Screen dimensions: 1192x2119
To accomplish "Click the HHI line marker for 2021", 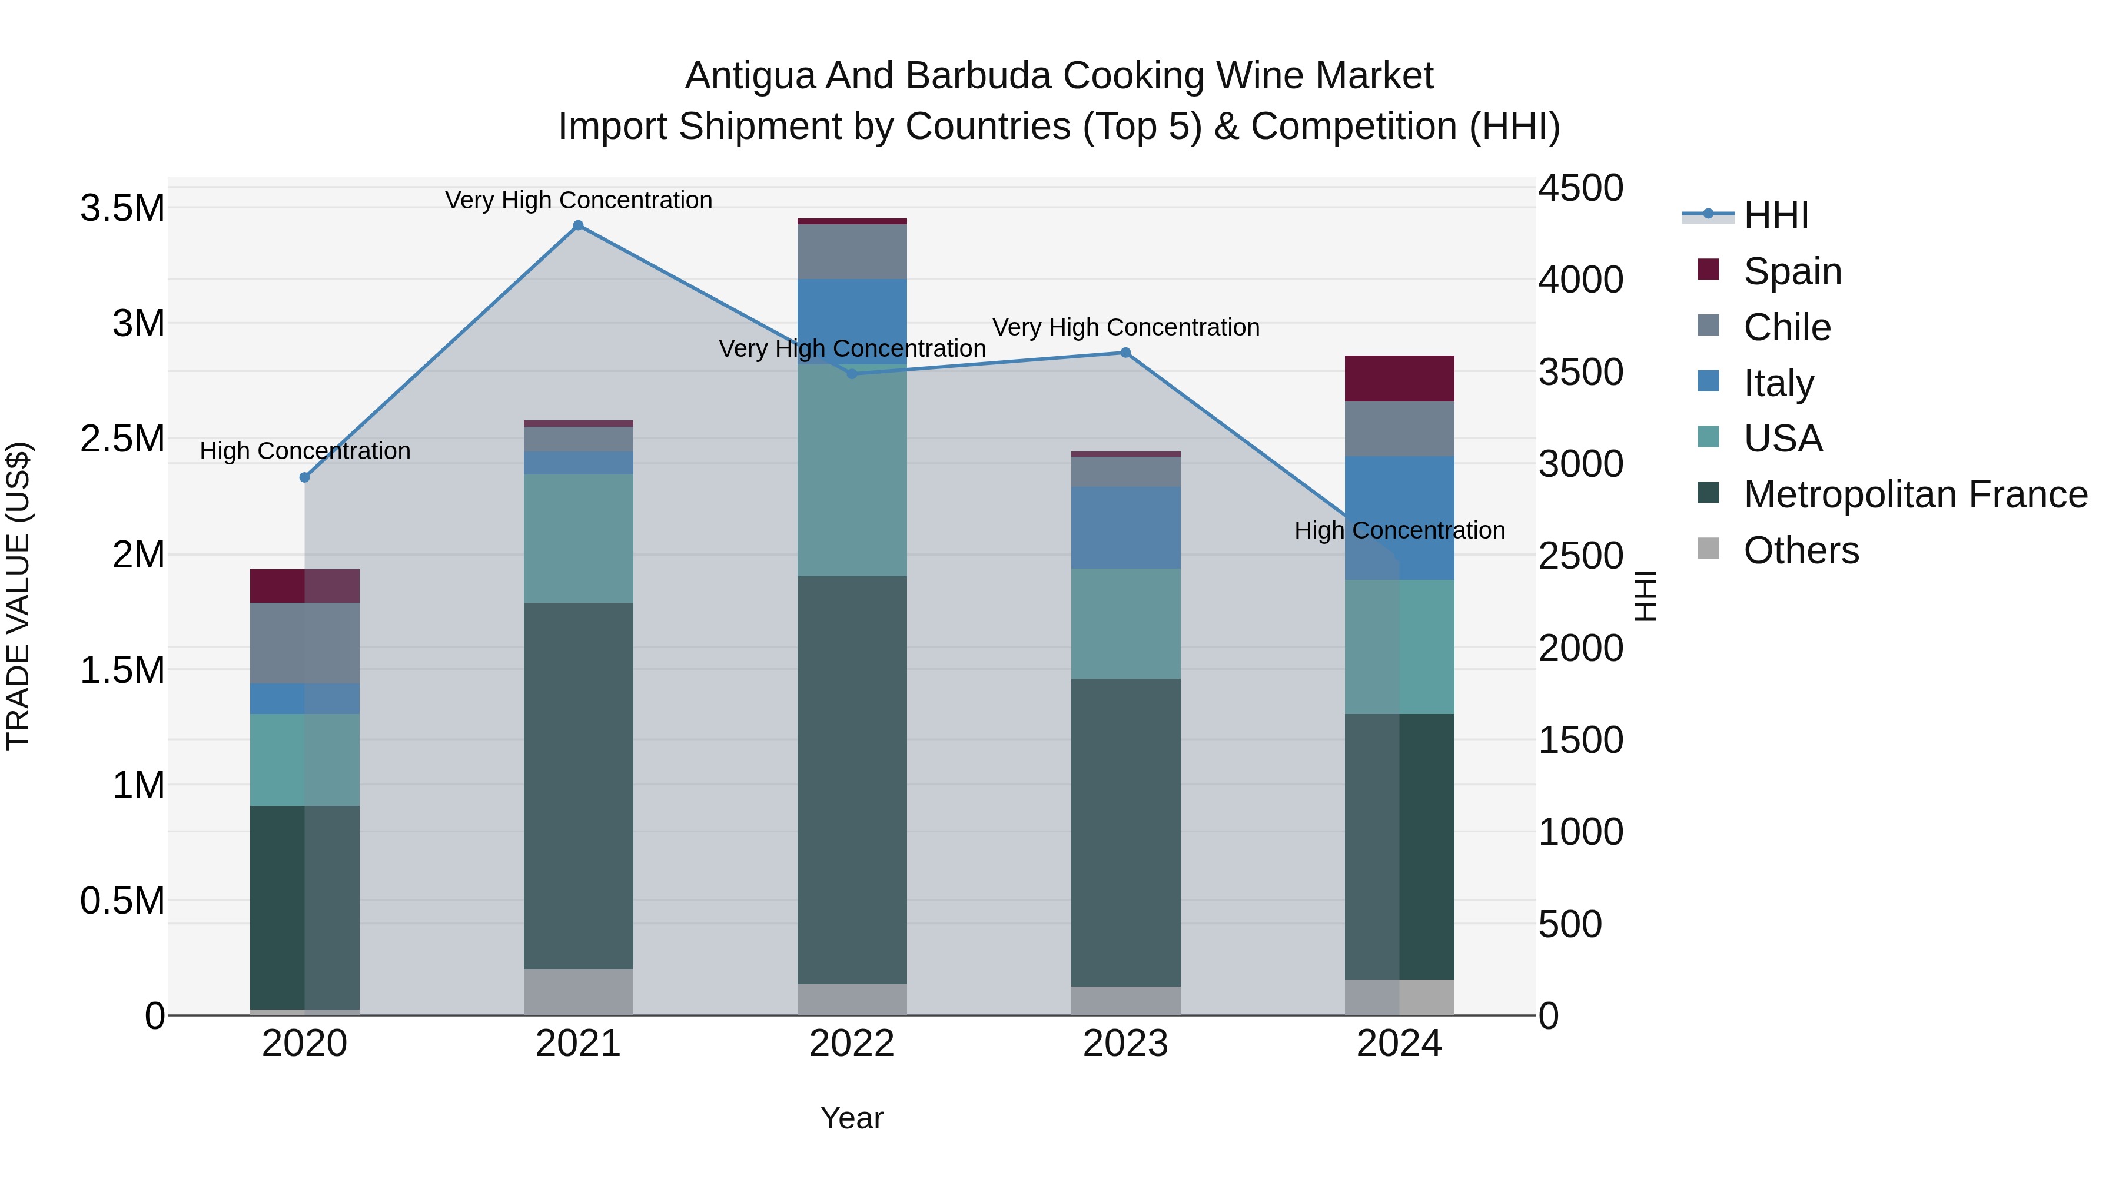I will pyautogui.click(x=578, y=225).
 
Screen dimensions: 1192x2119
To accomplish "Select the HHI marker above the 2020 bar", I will pyautogui.click(x=304, y=477).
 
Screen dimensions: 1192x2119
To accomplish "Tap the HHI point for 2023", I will pyautogui.click(x=1125, y=353).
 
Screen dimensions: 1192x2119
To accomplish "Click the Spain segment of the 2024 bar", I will pyautogui.click(x=1399, y=378).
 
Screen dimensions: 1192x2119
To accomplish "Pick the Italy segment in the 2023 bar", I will pyautogui.click(x=1125, y=527).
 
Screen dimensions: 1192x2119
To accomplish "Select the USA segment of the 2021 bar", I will pyautogui.click(x=578, y=538).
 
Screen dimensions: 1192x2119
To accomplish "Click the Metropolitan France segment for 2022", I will pyautogui.click(x=852, y=780).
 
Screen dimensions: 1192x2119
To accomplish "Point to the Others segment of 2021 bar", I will pyautogui.click(x=578, y=991).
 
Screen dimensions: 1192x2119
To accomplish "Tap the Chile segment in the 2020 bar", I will pyautogui.click(x=304, y=643).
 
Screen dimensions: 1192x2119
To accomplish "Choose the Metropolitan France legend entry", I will pyautogui.click(x=1915, y=494).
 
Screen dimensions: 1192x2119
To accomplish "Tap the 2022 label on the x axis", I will pyautogui.click(x=852, y=1044).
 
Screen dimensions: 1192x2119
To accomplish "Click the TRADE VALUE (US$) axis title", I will pyautogui.click(x=18, y=596).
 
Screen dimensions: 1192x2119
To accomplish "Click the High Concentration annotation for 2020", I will pyautogui.click(x=304, y=451).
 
